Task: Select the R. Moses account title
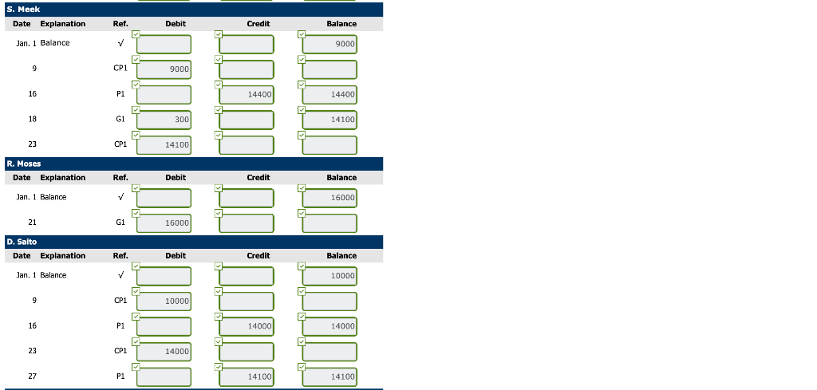click(x=24, y=163)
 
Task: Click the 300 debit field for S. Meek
click(x=164, y=120)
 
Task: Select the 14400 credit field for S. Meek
click(x=247, y=95)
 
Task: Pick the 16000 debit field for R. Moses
click(x=164, y=223)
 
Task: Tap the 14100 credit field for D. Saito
click(x=247, y=376)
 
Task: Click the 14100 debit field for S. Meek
click(x=164, y=145)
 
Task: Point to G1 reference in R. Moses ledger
click(x=120, y=223)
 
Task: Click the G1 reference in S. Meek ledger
click(x=120, y=119)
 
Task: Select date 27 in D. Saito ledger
click(x=32, y=376)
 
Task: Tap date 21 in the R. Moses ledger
click(x=32, y=223)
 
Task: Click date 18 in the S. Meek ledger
click(x=32, y=119)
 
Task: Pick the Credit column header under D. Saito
click(x=258, y=256)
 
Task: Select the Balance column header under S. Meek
click(x=341, y=24)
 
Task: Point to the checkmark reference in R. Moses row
click(x=120, y=197)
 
